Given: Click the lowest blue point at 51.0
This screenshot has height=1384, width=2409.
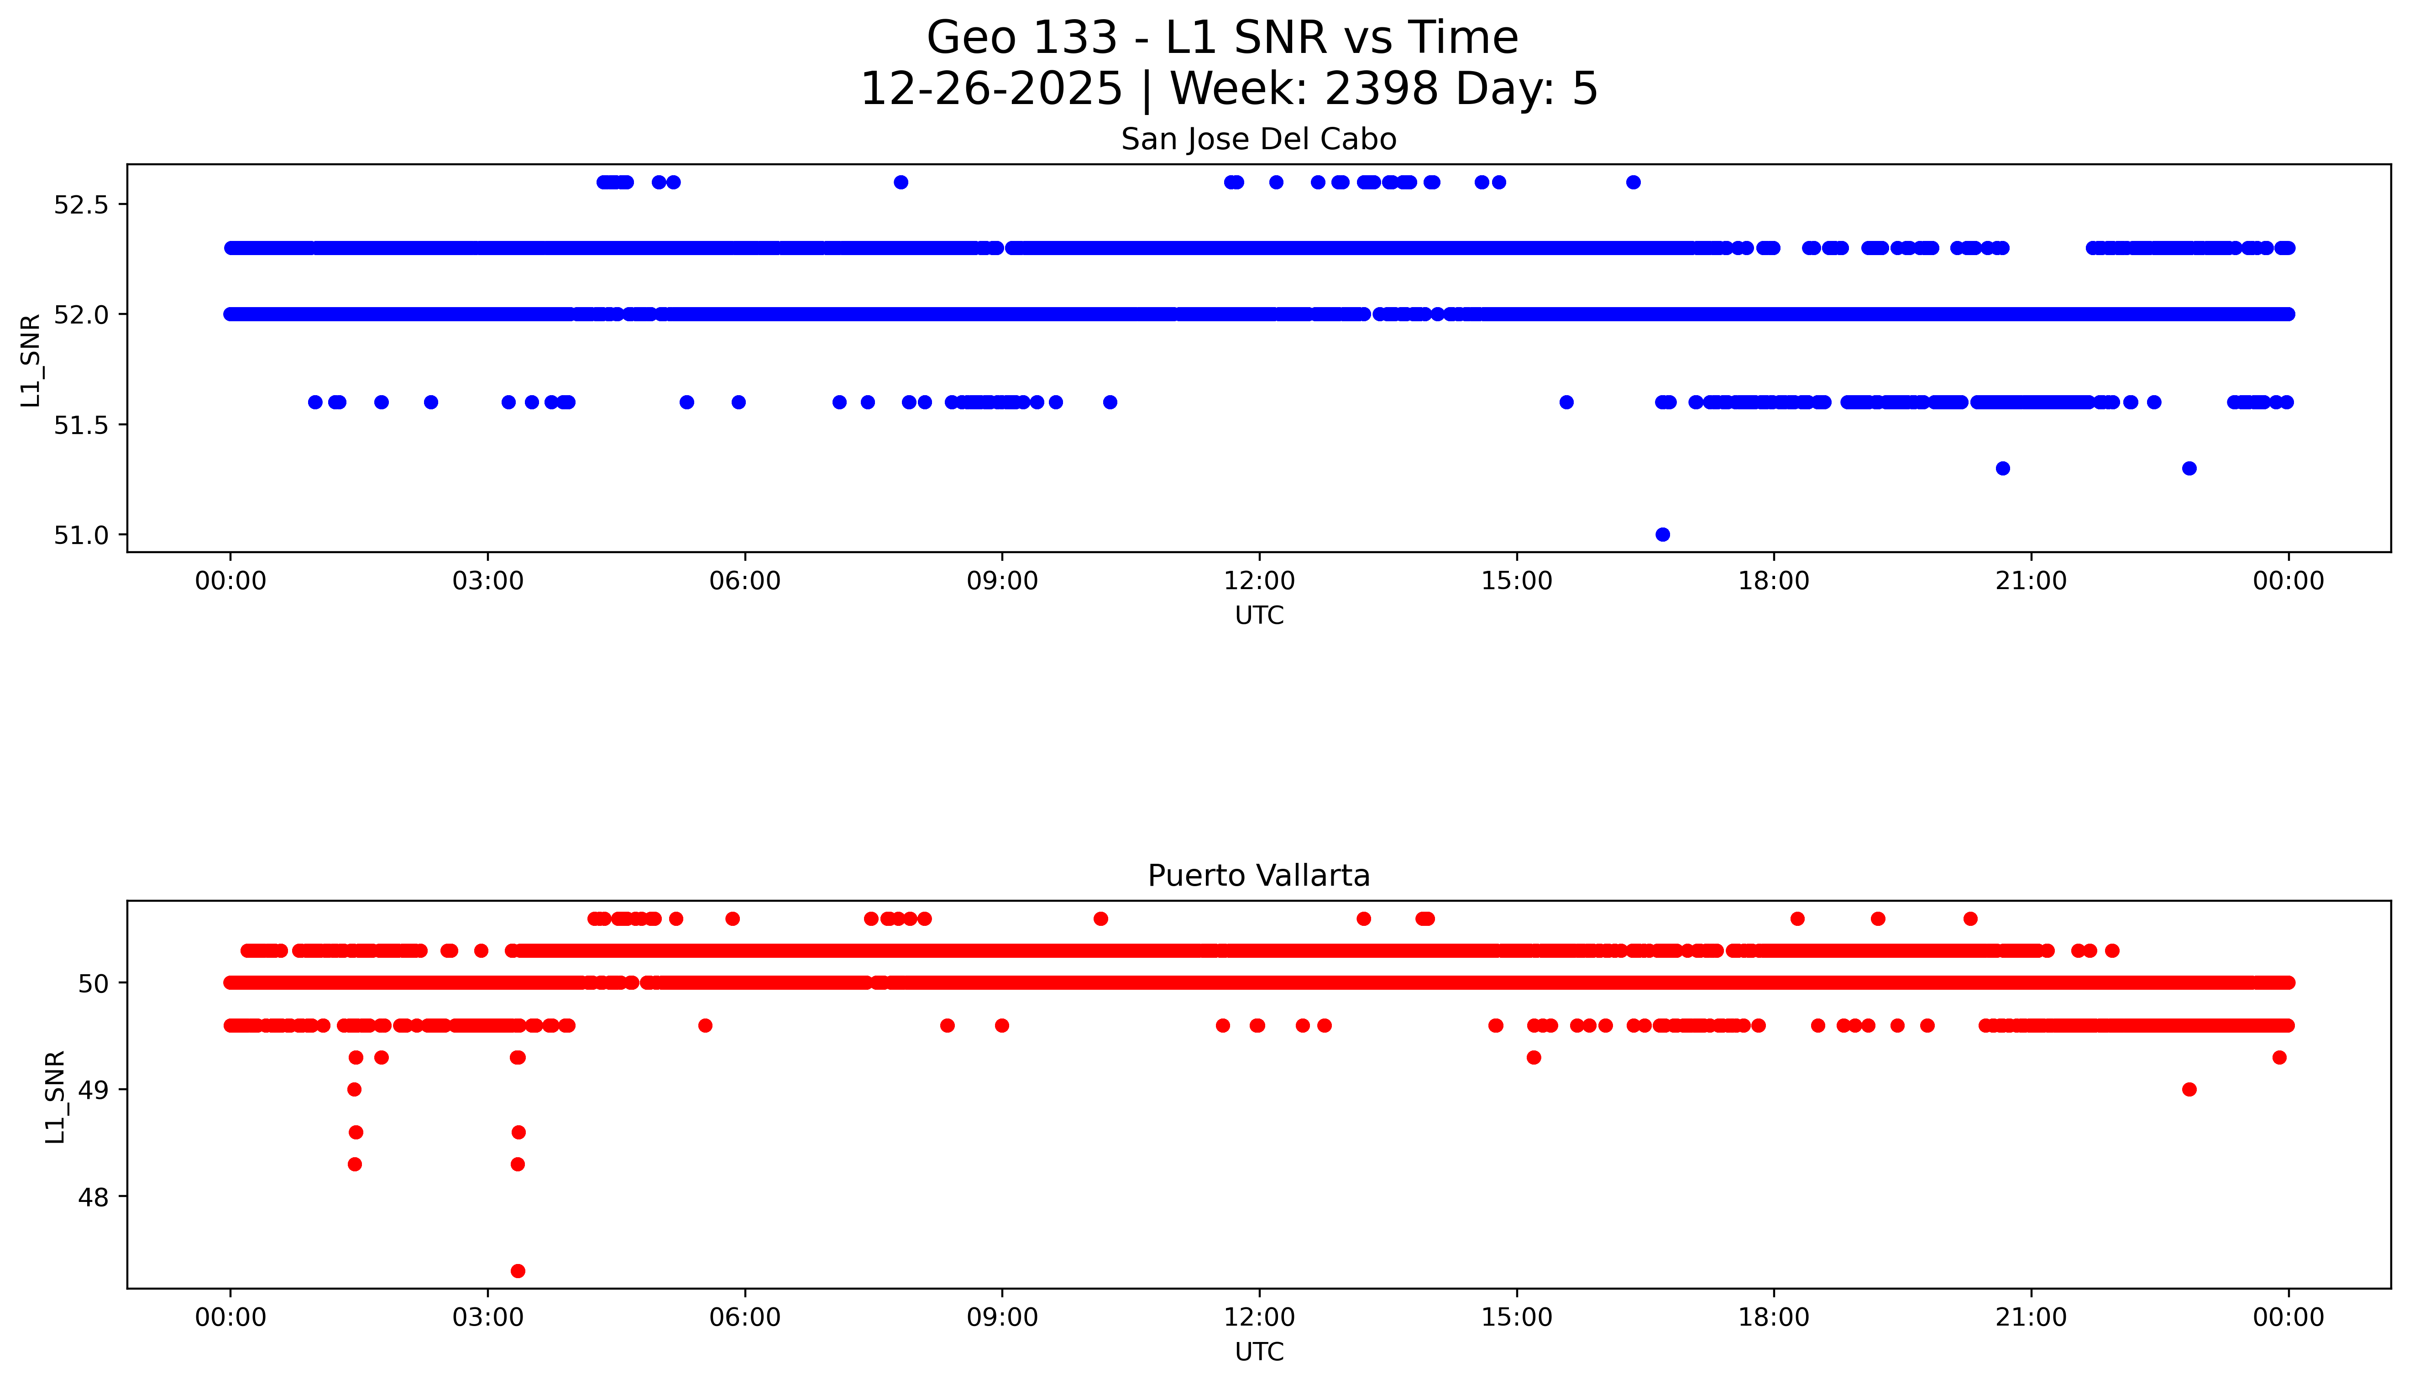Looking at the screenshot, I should coord(1662,534).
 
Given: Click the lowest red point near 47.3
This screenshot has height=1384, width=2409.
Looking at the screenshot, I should coord(517,1271).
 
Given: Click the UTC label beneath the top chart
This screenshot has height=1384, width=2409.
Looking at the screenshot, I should coord(1259,616).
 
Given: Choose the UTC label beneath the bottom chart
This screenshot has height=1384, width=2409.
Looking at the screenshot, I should coord(1259,1352).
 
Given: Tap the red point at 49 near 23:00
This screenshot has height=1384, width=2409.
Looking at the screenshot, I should coord(2189,1089).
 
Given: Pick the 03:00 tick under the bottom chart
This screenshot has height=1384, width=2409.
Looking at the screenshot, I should coord(488,1317).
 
